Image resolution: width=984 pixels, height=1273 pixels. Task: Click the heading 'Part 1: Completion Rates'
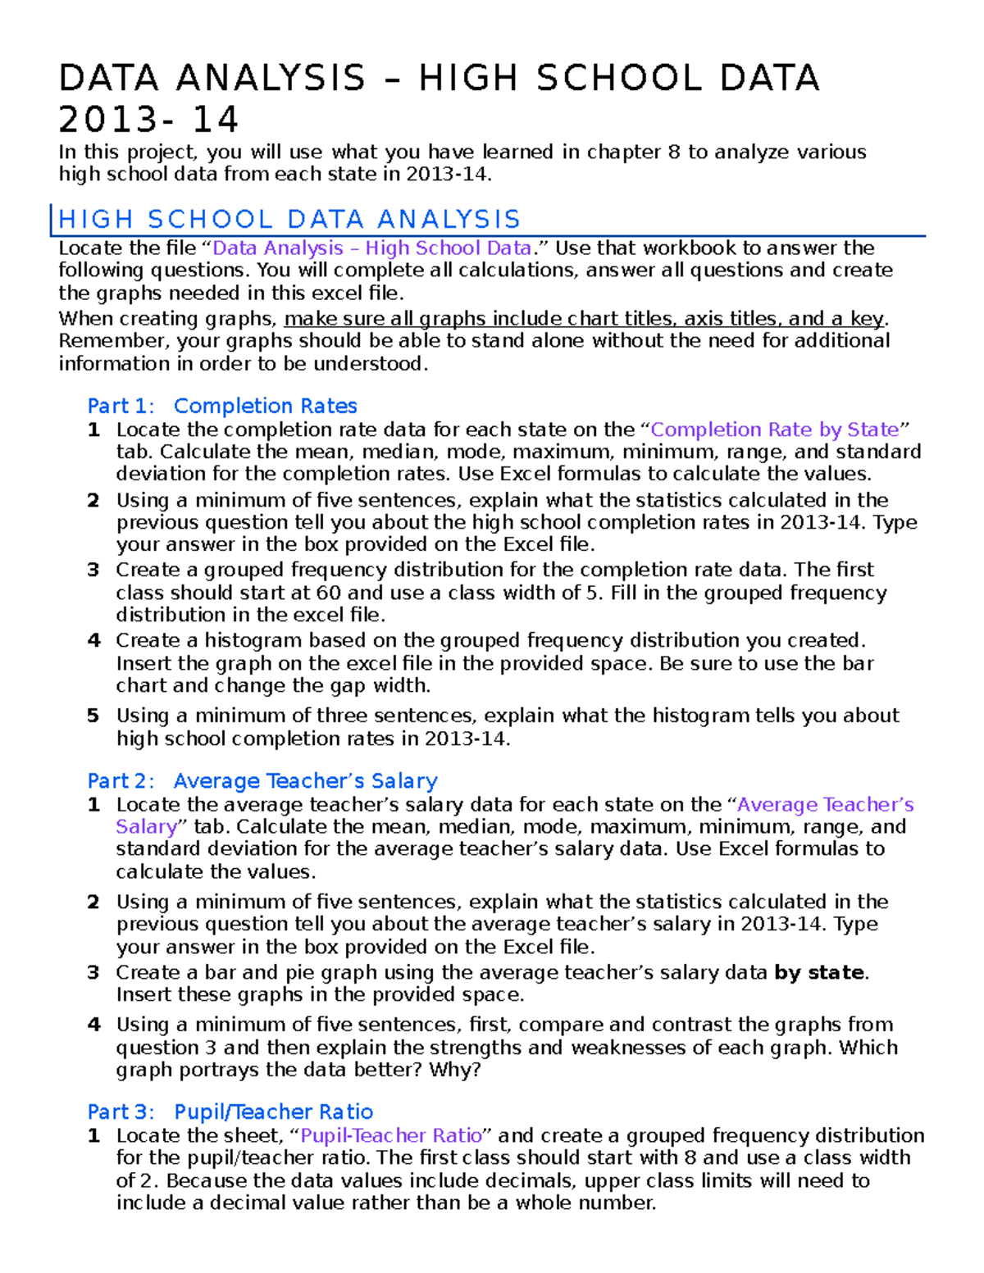click(x=222, y=406)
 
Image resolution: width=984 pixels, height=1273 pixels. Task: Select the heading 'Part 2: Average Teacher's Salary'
click(x=262, y=780)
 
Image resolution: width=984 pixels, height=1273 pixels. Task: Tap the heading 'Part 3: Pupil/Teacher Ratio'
click(x=230, y=1112)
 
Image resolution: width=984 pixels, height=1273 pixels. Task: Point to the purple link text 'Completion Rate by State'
click(x=775, y=430)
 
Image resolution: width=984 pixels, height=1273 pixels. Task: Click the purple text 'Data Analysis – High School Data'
click(x=371, y=248)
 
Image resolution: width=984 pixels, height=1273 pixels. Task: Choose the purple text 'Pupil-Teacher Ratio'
click(x=391, y=1135)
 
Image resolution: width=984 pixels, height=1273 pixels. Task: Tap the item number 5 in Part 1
click(x=93, y=716)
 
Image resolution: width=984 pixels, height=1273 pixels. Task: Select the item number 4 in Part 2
click(x=93, y=1025)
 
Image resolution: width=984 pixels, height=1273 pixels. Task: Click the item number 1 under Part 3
click(x=93, y=1135)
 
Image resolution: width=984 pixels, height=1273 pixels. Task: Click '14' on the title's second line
click(x=215, y=120)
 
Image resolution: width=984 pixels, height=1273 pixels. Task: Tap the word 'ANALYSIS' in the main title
click(x=271, y=78)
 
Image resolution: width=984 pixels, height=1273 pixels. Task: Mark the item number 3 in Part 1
click(x=93, y=570)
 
